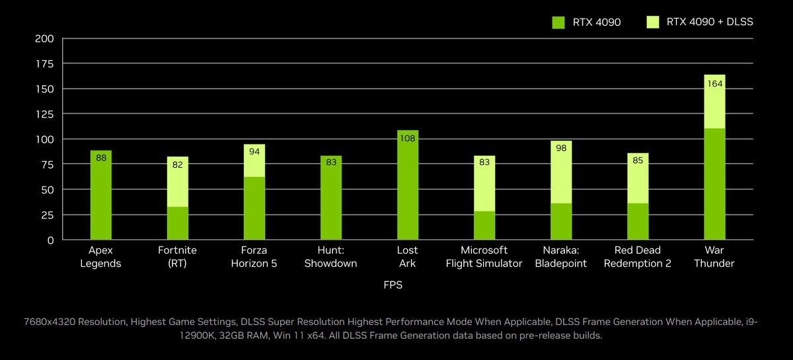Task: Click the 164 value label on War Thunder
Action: (x=714, y=83)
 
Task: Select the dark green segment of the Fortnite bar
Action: (x=178, y=223)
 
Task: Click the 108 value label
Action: (x=408, y=139)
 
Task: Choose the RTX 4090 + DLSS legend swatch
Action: (x=653, y=22)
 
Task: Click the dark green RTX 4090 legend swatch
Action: (x=558, y=22)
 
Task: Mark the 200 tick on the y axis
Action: (x=44, y=38)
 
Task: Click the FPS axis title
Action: (x=393, y=286)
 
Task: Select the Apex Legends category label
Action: (x=100, y=257)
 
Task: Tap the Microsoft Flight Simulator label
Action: (x=484, y=257)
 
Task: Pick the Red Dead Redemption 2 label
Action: (x=638, y=257)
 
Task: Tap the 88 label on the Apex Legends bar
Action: (x=101, y=158)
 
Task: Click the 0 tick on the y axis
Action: (x=50, y=240)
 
